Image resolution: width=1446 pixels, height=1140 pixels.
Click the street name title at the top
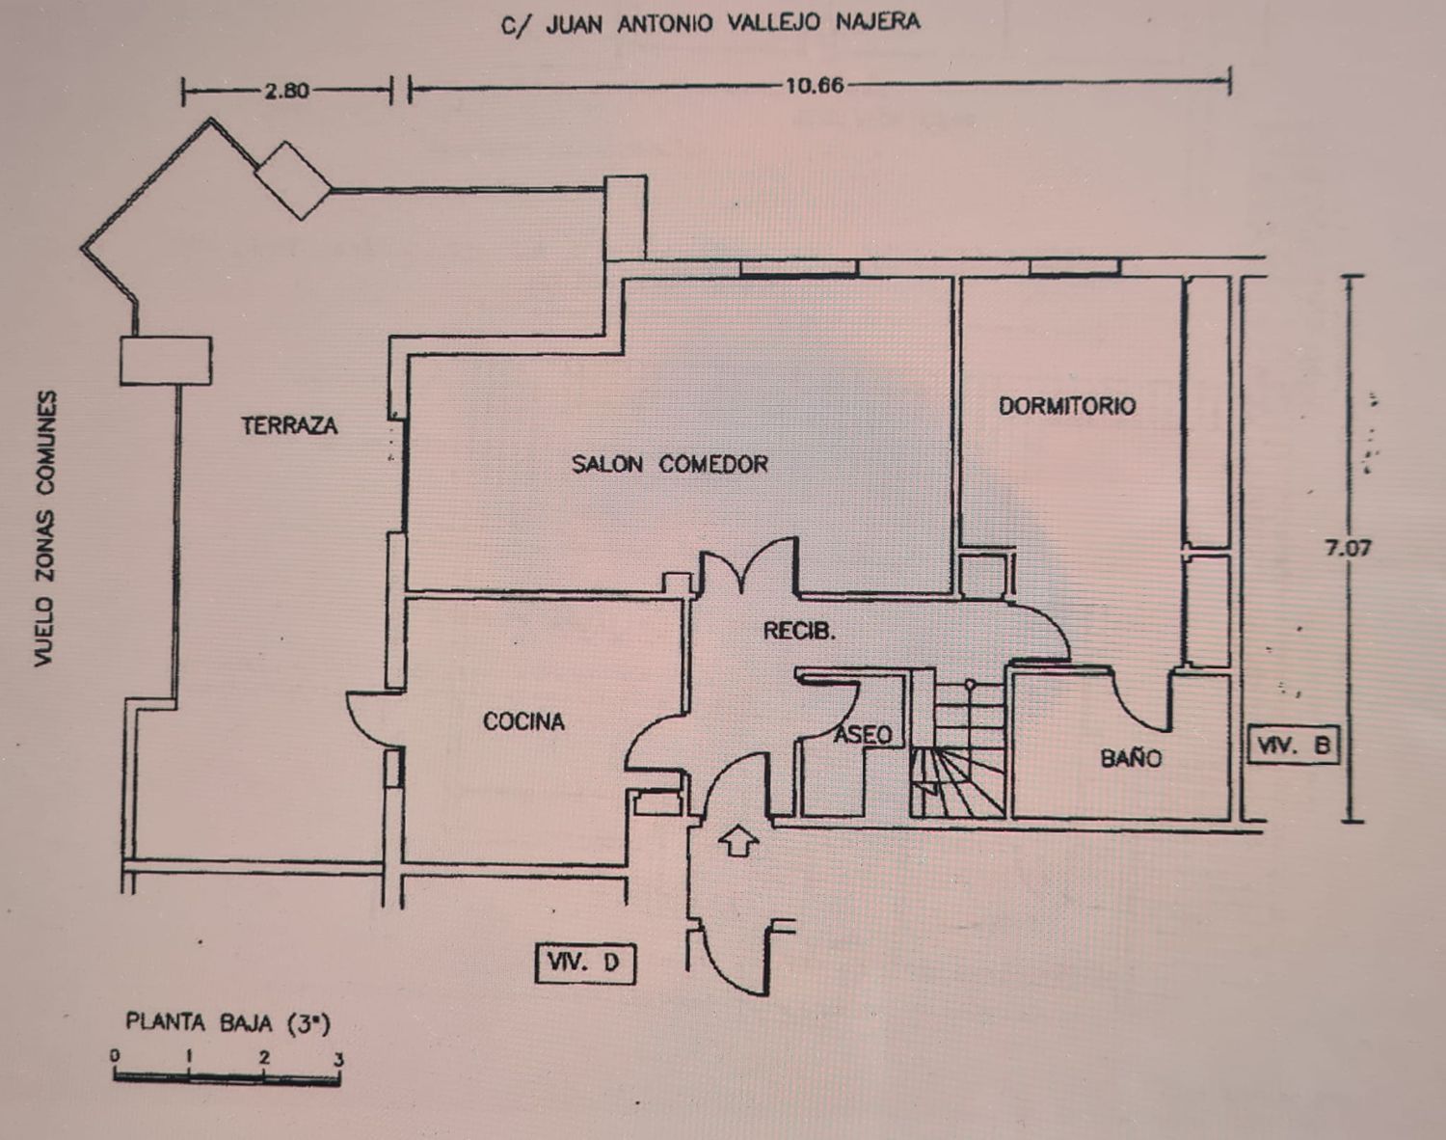pyautogui.click(x=710, y=23)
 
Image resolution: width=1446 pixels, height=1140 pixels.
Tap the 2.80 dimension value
pyautogui.click(x=287, y=91)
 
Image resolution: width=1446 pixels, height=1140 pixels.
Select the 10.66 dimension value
pyautogui.click(x=815, y=86)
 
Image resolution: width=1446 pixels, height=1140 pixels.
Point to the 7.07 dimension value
pyautogui.click(x=1348, y=549)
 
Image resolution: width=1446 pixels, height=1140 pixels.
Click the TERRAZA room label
pyautogui.click(x=289, y=425)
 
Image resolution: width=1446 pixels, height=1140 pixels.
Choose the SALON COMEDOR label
pyautogui.click(x=669, y=464)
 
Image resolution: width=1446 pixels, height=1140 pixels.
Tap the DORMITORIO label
pyautogui.click(x=1067, y=406)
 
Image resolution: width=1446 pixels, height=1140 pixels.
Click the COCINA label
pyautogui.click(x=523, y=721)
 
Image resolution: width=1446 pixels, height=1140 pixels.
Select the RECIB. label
pyautogui.click(x=799, y=631)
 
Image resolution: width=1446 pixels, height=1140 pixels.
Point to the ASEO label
pyautogui.click(x=864, y=735)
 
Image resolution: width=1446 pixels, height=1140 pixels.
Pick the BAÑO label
pyautogui.click(x=1131, y=757)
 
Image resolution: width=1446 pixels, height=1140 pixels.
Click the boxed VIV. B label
pyautogui.click(x=1293, y=745)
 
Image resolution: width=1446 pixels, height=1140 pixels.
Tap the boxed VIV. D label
pyautogui.click(x=584, y=964)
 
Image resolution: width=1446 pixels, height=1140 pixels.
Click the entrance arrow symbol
pyautogui.click(x=737, y=840)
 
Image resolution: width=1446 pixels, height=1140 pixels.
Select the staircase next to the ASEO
pyautogui.click(x=957, y=747)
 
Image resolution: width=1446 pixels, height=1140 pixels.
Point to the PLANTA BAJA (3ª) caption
pyautogui.click(x=228, y=1023)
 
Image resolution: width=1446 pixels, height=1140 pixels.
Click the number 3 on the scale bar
pyautogui.click(x=338, y=1059)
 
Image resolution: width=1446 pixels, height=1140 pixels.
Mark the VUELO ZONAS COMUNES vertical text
pyautogui.click(x=45, y=529)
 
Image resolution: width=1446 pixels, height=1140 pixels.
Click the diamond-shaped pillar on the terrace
pyautogui.click(x=292, y=180)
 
